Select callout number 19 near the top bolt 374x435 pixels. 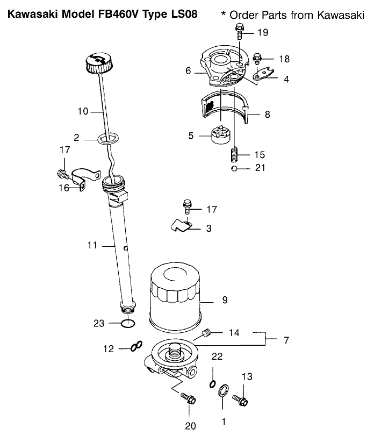click(262, 33)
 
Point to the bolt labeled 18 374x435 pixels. click(257, 57)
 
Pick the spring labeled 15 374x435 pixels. click(234, 153)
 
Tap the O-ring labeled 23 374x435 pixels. click(127, 323)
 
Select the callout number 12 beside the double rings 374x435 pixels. click(109, 349)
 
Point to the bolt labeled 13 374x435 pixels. click(240, 400)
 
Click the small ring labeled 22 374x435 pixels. click(212, 383)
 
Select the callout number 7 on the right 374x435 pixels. click(286, 340)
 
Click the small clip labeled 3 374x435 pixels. click(181, 226)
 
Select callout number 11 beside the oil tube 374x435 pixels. click(92, 245)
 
